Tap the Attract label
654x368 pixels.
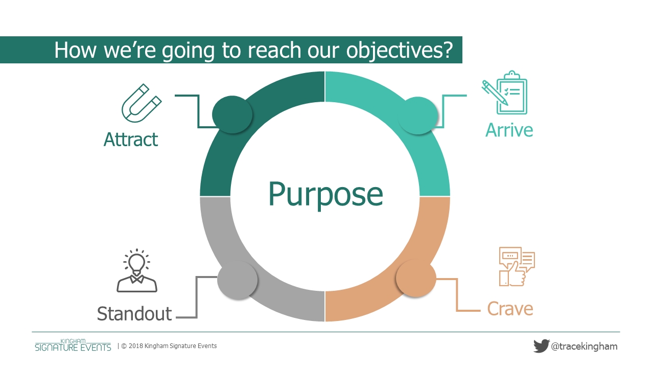(131, 140)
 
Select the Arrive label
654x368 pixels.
(509, 130)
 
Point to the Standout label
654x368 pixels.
(134, 314)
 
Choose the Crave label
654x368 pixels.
(510, 309)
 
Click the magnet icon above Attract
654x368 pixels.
(142, 103)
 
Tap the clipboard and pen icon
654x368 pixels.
(504, 93)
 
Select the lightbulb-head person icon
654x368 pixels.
(137, 270)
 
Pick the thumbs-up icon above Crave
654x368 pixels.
(517, 267)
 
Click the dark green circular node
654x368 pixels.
(232, 114)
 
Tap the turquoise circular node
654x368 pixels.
(418, 116)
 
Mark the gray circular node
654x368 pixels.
(238, 280)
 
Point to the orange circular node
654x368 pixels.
(416, 278)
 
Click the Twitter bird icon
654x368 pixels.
(542, 346)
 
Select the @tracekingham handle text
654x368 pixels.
(584, 347)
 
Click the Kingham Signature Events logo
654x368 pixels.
(73, 345)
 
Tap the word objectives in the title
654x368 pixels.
(400, 50)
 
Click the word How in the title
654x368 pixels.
(75, 50)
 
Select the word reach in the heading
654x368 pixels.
(275, 50)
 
